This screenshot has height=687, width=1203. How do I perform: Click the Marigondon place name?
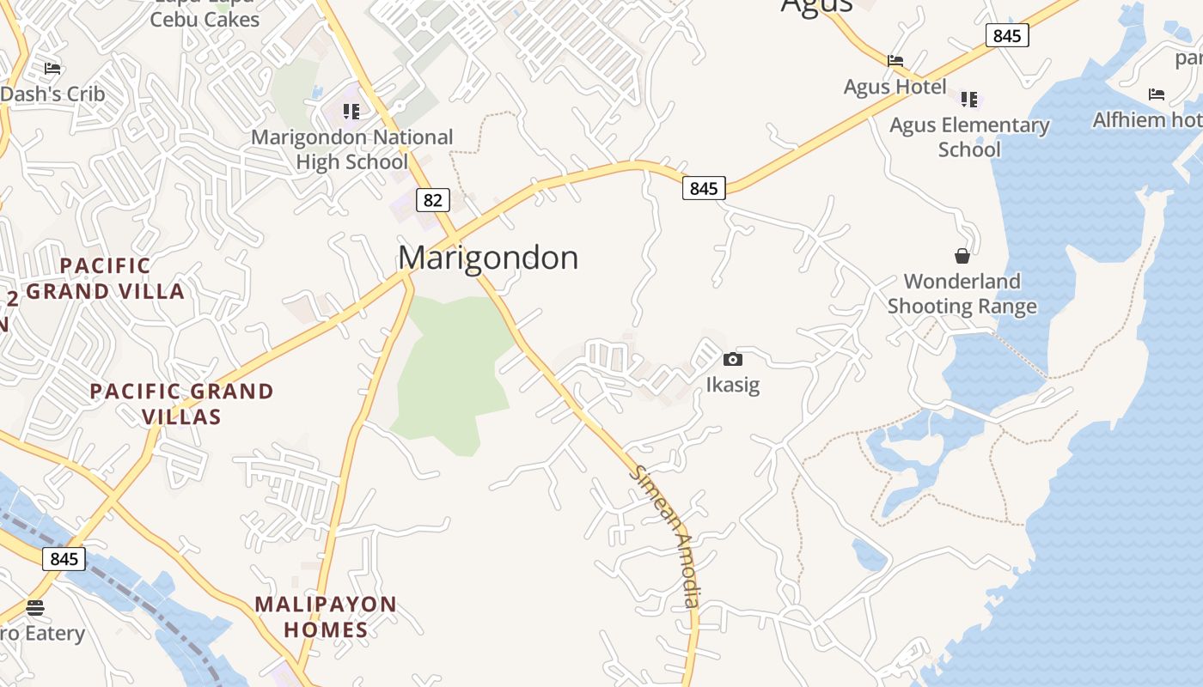click(x=488, y=258)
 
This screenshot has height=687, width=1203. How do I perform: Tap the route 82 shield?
click(x=433, y=200)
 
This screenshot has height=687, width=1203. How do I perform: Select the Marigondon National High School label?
click(x=351, y=149)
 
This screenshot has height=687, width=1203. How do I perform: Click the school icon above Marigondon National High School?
click(x=351, y=112)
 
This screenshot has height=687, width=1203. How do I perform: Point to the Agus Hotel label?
click(x=895, y=87)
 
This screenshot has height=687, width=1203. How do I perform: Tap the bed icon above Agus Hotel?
click(x=895, y=60)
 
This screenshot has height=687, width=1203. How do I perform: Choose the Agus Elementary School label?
click(x=969, y=137)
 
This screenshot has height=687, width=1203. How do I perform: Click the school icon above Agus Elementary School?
click(x=969, y=100)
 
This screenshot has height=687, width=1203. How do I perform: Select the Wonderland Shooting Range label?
click(x=962, y=294)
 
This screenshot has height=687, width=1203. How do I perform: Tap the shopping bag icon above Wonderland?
click(x=962, y=256)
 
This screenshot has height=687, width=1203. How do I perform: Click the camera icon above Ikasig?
click(x=733, y=359)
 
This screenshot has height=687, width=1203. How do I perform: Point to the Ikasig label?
click(x=733, y=384)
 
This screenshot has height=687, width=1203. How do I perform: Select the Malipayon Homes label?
click(x=326, y=617)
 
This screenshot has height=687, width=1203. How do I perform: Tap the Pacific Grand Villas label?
click(x=181, y=404)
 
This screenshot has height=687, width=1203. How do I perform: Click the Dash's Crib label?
click(x=52, y=94)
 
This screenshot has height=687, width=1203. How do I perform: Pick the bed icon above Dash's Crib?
click(x=52, y=69)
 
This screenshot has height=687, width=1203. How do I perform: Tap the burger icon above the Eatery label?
click(x=35, y=608)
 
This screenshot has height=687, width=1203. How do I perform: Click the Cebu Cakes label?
click(x=205, y=19)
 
